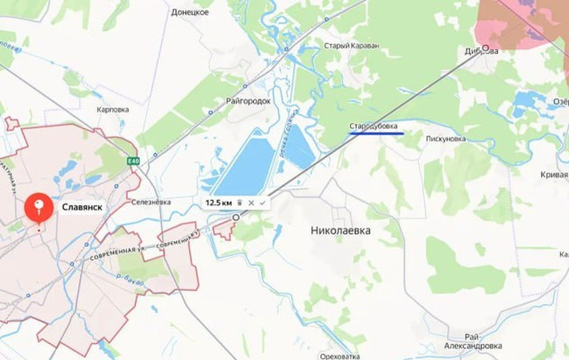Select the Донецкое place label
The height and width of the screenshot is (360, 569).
[x=190, y=13]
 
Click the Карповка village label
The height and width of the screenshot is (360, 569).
[x=113, y=109]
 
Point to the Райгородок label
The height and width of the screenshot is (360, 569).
[x=248, y=102]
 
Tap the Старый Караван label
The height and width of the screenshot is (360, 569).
[x=350, y=46]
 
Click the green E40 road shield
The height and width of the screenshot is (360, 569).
[x=133, y=161]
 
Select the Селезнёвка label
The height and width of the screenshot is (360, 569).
[x=151, y=202]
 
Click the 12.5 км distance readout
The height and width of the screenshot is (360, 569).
[x=218, y=203]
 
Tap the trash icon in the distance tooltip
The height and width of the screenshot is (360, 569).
[x=239, y=203]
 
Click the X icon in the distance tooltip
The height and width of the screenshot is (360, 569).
[x=251, y=203]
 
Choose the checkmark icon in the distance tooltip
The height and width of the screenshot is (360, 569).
[x=262, y=203]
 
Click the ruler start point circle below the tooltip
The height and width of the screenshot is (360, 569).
[x=236, y=217]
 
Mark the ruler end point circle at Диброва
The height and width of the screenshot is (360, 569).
[x=485, y=48]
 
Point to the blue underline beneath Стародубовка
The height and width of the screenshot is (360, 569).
[x=376, y=134]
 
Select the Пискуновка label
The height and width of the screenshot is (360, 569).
[x=446, y=139]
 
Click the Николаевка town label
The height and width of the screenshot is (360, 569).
[x=341, y=230]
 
